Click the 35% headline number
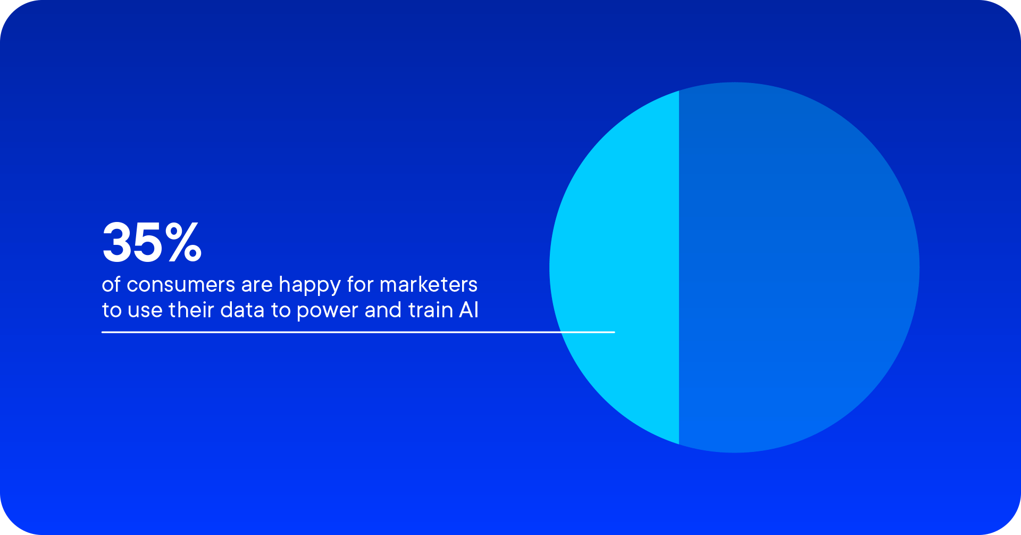[x=152, y=242]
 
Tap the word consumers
[x=181, y=285]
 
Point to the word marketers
[x=429, y=284]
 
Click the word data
[x=242, y=310]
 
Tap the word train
[x=430, y=310]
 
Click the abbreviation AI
[x=468, y=310]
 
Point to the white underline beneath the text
[x=358, y=332]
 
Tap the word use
[x=145, y=311]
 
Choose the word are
[x=257, y=286]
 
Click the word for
[x=360, y=284]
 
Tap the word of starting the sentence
[x=111, y=284]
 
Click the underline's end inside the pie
[x=615, y=332]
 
